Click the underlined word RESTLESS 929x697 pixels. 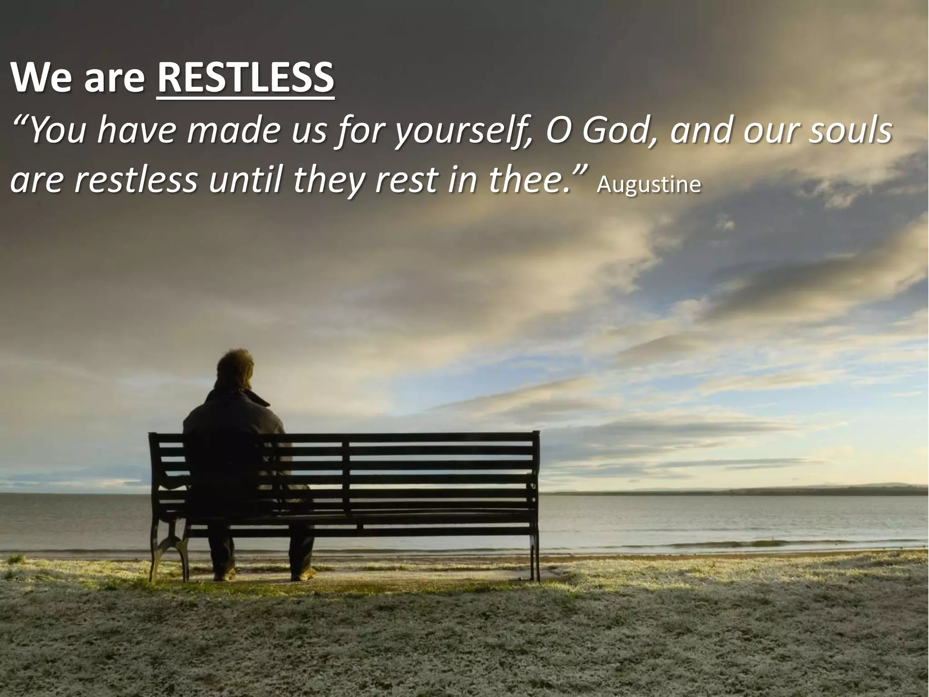245,78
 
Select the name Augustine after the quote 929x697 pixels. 649,185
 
